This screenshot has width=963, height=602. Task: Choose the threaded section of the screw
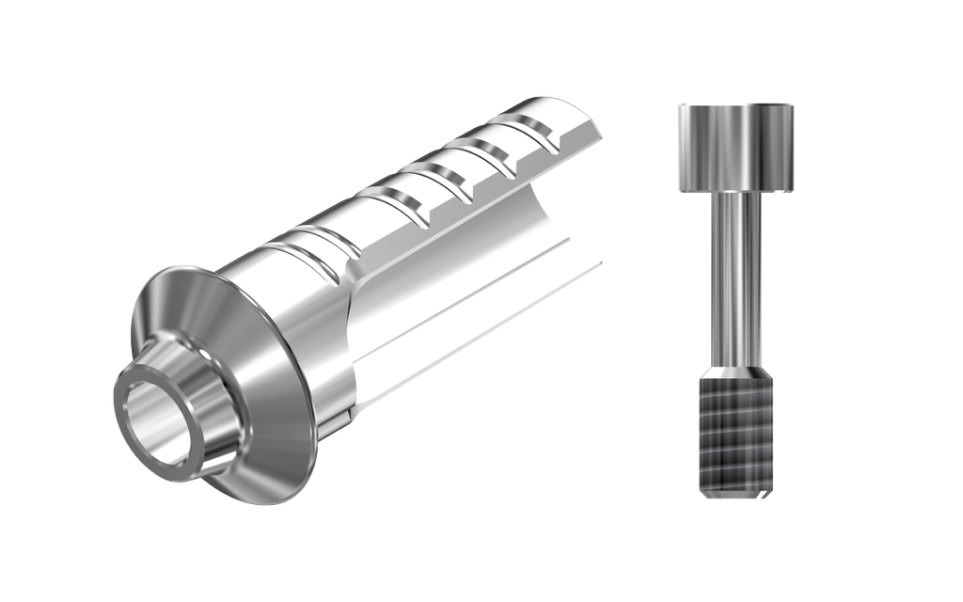[736, 433]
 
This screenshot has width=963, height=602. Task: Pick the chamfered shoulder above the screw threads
[736, 372]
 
